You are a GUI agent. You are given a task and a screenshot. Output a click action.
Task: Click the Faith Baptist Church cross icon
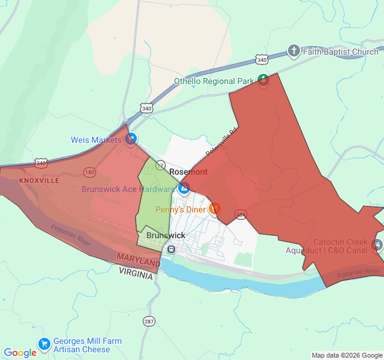(293, 51)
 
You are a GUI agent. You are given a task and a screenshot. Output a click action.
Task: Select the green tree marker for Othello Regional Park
(263, 79)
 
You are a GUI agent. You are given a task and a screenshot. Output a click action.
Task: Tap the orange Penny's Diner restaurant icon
(215, 209)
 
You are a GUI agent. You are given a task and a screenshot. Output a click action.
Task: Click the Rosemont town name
(188, 172)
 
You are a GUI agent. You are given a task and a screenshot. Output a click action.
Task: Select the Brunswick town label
(166, 236)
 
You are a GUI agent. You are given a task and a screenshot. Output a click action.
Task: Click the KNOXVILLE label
(39, 180)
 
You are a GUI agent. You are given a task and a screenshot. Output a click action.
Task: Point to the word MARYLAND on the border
(139, 260)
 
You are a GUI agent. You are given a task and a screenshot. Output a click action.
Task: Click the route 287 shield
(149, 322)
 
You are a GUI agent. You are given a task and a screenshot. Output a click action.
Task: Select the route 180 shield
(89, 173)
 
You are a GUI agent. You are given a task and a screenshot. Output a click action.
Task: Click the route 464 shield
(241, 214)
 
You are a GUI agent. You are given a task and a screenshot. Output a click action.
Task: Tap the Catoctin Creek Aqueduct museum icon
(377, 244)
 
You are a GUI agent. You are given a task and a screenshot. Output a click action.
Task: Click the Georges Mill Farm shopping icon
(44, 344)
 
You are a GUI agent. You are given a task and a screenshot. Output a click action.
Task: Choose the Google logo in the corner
(20, 353)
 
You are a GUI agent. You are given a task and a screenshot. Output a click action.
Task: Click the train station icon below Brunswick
(171, 249)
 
